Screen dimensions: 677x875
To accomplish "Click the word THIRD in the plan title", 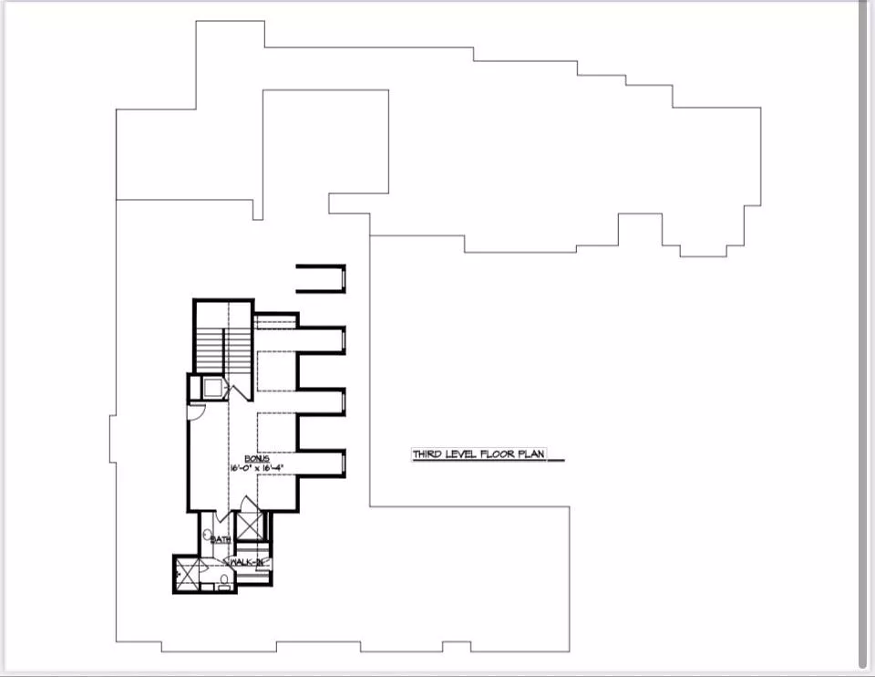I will tap(427, 453).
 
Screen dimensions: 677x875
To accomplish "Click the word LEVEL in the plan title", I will tap(461, 453).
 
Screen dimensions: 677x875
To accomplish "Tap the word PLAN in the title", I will tap(532, 453).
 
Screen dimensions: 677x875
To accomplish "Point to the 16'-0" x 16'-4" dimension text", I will tap(259, 468).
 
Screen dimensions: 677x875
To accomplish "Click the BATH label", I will tap(221, 539).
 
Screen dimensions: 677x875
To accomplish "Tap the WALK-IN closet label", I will tap(247, 562).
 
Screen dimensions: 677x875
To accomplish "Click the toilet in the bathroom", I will tap(223, 577).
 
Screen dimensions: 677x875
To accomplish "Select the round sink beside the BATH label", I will tap(209, 535).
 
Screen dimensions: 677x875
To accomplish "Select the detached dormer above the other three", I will tap(321, 278).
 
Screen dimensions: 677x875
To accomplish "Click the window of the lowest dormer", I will tap(343, 464).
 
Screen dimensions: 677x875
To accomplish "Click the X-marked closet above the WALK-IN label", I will tap(249, 526).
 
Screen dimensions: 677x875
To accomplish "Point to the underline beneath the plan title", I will tap(556, 461).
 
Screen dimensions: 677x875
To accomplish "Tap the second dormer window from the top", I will tap(343, 339).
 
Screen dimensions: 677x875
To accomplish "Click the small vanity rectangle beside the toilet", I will tap(222, 588).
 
